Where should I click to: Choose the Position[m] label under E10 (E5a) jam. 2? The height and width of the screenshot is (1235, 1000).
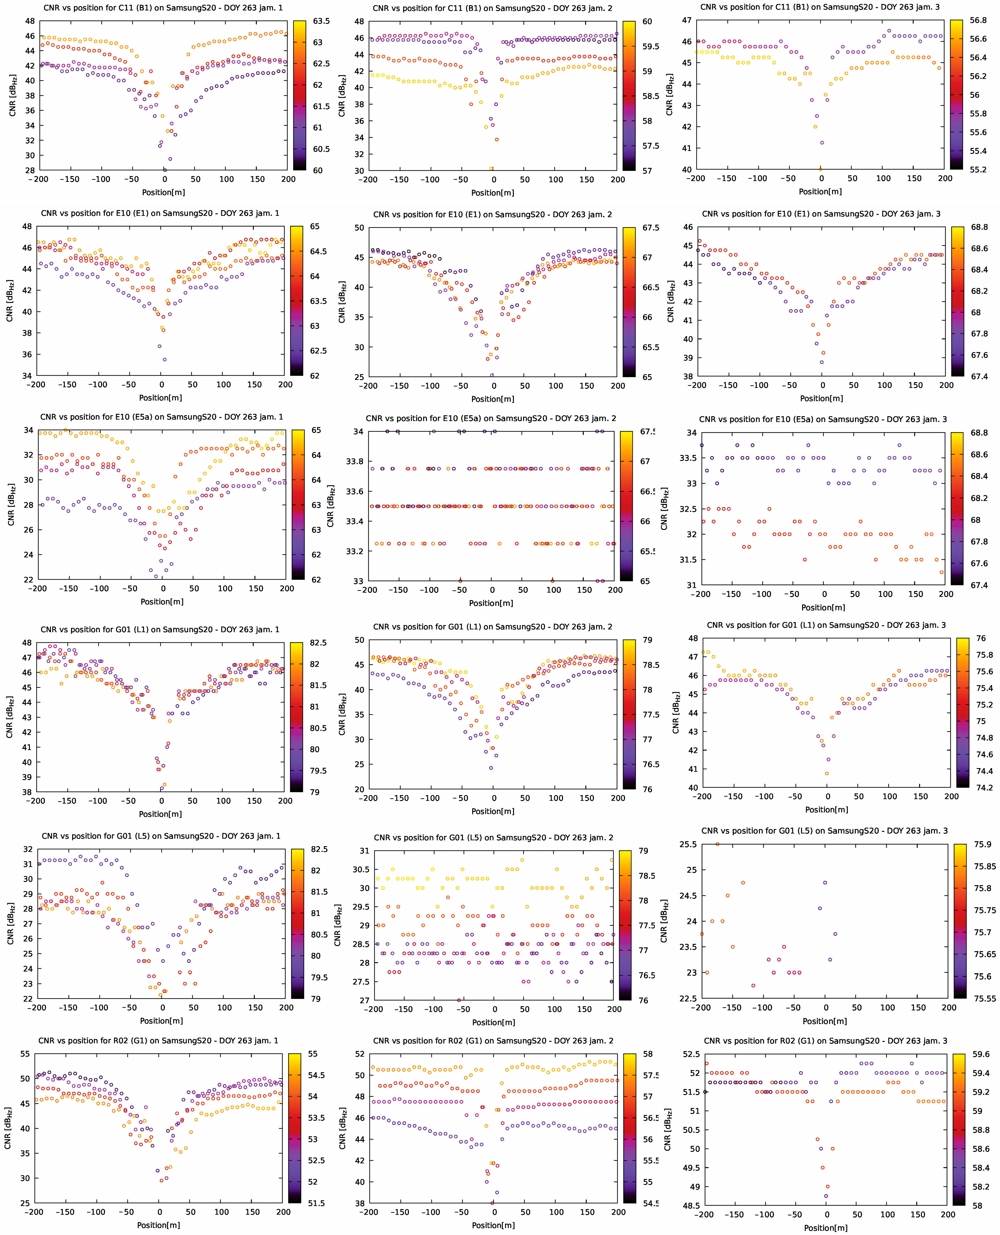[x=491, y=603]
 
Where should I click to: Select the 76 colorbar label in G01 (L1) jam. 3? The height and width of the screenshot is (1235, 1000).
[x=980, y=638]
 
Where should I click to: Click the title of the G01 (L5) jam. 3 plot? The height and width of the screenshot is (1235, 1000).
[x=824, y=830]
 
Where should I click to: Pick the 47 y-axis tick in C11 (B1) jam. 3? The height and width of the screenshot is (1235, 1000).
[x=687, y=20]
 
